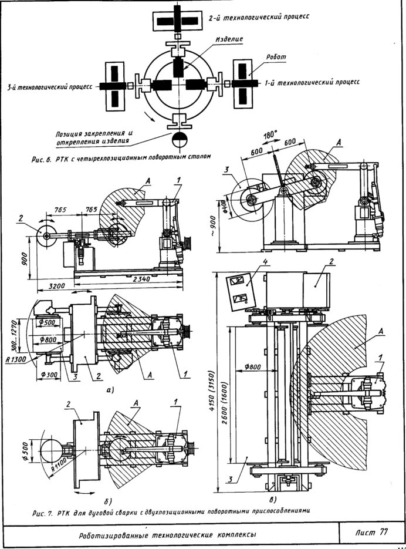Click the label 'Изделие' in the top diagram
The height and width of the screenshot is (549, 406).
click(229, 39)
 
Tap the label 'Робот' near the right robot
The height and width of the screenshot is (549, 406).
click(276, 57)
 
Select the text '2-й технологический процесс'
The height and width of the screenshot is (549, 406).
click(259, 17)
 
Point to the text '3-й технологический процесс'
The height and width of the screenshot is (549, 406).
click(50, 86)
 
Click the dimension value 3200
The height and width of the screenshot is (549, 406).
click(56, 286)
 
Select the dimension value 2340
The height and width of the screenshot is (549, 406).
click(141, 279)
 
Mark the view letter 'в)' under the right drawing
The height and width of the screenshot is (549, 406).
click(273, 499)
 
